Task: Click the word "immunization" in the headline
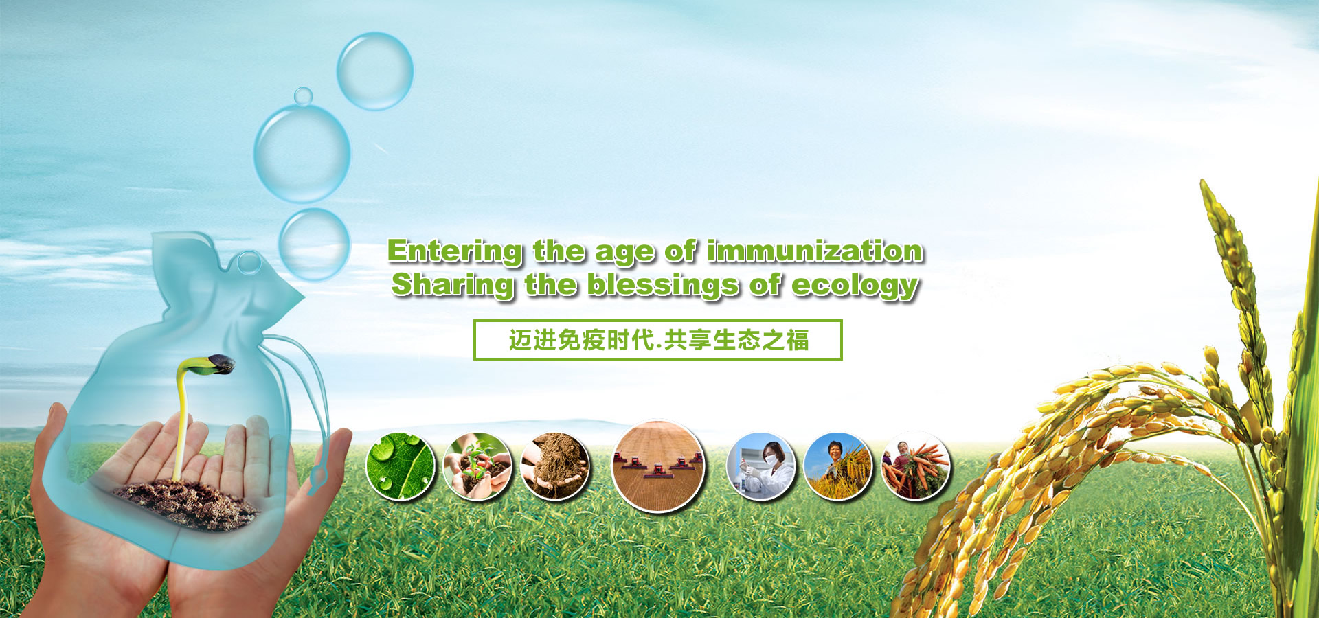(x=815, y=251)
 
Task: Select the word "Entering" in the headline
(x=455, y=252)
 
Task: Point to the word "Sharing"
(x=453, y=286)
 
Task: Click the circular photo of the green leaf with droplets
(x=401, y=466)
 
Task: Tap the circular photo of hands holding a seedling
(x=477, y=466)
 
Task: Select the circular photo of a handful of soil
(x=555, y=466)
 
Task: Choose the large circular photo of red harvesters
(x=658, y=466)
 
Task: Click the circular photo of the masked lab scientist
(x=761, y=466)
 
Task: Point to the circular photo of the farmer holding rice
(x=838, y=466)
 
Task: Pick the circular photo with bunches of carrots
(x=916, y=466)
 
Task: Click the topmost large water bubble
(x=374, y=71)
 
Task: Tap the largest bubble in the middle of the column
(x=302, y=153)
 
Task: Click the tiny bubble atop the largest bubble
(x=303, y=96)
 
